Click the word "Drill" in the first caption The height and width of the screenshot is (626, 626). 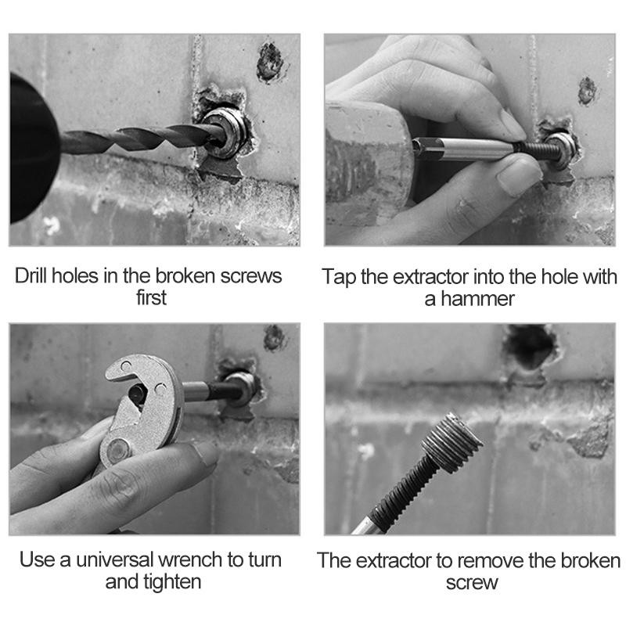coord(31,275)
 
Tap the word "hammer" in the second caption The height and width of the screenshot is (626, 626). coord(477,299)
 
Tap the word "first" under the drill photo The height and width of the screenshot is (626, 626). coord(151,298)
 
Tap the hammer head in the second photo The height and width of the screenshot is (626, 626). coord(367,164)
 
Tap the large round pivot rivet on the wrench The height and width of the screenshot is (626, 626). coord(119,450)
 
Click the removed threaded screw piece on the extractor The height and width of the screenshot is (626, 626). coord(452,443)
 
